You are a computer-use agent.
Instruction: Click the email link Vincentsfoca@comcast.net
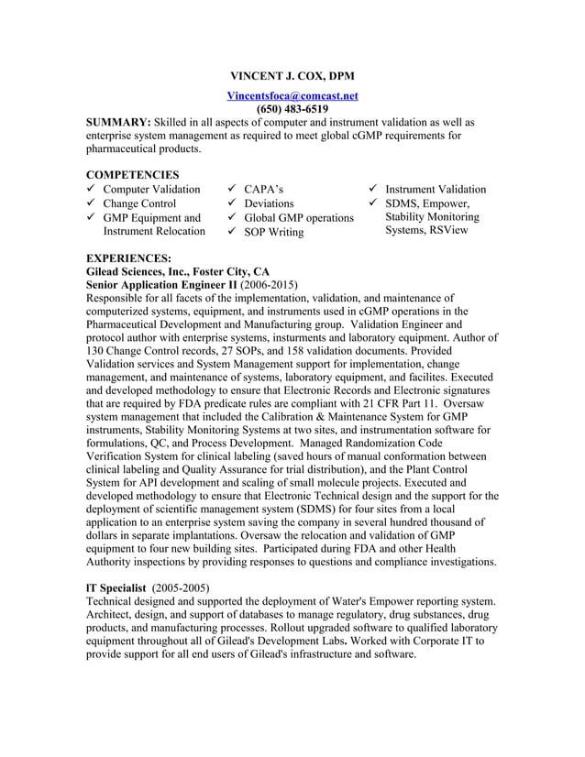[292, 95]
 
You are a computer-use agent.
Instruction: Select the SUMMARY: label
[118, 122]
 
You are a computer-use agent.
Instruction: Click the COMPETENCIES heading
[132, 174]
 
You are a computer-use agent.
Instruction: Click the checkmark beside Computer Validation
[90, 190]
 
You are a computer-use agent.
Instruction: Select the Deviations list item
[269, 203]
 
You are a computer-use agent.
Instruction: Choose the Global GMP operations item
[298, 218]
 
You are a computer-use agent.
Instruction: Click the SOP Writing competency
[273, 232]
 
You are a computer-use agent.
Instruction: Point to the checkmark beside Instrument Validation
[372, 190]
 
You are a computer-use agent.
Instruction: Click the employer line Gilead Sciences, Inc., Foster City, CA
[177, 272]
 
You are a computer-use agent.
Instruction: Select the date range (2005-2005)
[181, 587]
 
